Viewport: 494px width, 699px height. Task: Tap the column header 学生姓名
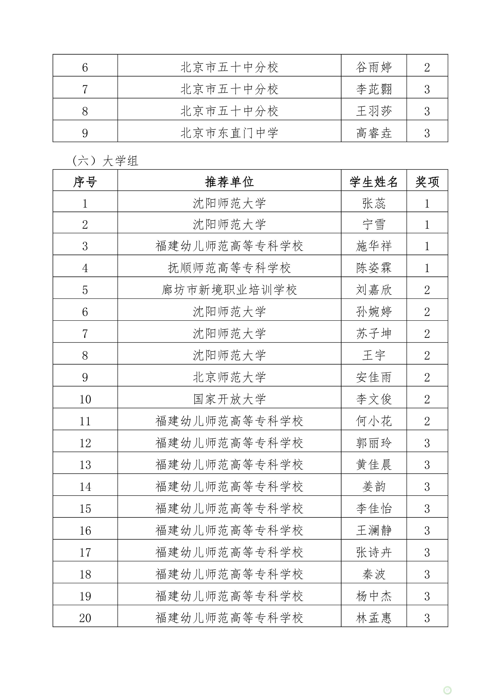click(374, 182)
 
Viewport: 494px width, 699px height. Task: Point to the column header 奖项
click(427, 182)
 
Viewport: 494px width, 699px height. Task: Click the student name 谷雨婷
click(374, 67)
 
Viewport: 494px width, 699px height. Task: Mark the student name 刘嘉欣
click(374, 290)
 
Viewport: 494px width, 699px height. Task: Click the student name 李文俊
click(374, 399)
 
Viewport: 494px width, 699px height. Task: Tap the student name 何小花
click(374, 421)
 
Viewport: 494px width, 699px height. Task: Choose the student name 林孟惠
click(374, 618)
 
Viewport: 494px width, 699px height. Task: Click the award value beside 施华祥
click(427, 246)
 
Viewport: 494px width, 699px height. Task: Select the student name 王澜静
click(374, 530)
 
